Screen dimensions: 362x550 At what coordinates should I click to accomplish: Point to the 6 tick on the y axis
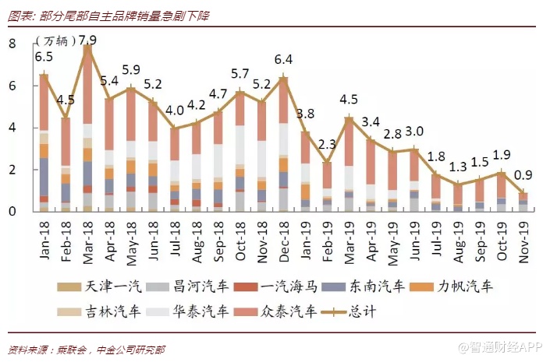tap(12, 86)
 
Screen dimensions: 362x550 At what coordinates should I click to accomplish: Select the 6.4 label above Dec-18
tap(283, 59)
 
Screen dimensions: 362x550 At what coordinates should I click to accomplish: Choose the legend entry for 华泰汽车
tap(200, 312)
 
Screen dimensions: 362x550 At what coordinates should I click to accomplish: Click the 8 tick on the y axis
tap(12, 44)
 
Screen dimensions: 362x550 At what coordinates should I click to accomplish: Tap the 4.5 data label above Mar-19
tap(349, 99)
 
